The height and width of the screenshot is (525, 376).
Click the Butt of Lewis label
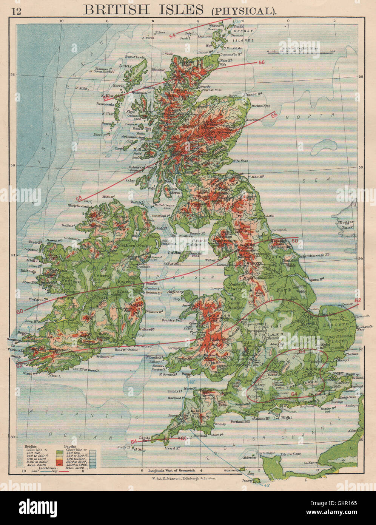pyautogui.click(x=135, y=57)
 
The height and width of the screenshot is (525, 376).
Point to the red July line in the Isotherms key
pyautogui.click(x=64, y=471)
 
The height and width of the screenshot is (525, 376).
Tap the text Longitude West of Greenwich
pyautogui.click(x=172, y=470)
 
